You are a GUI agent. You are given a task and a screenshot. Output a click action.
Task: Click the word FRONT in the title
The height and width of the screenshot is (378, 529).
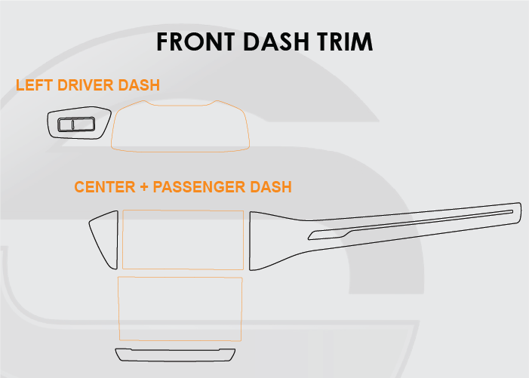point(195,41)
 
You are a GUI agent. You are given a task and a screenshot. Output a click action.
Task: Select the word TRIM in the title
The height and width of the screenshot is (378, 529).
point(345,41)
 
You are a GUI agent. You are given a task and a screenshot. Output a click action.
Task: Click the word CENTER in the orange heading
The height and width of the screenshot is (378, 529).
point(105,187)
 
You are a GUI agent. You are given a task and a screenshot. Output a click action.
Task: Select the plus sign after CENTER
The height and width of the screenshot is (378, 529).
point(144,187)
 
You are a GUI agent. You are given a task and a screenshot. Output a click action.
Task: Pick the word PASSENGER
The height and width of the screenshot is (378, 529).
point(199,187)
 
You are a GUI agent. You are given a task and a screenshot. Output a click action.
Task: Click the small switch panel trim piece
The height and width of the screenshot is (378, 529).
point(79,123)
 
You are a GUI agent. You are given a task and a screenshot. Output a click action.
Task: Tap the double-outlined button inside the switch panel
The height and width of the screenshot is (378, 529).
point(76,124)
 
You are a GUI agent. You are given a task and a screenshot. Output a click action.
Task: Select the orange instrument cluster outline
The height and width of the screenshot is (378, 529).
point(180,126)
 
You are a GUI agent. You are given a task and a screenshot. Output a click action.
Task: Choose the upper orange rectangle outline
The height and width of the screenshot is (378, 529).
point(183,240)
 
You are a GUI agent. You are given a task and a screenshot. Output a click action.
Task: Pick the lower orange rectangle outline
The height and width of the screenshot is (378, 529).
point(180,309)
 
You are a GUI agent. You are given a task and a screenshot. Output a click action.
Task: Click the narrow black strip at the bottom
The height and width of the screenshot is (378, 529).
point(175,355)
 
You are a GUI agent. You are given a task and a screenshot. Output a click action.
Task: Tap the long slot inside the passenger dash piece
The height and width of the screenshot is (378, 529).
point(411,225)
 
